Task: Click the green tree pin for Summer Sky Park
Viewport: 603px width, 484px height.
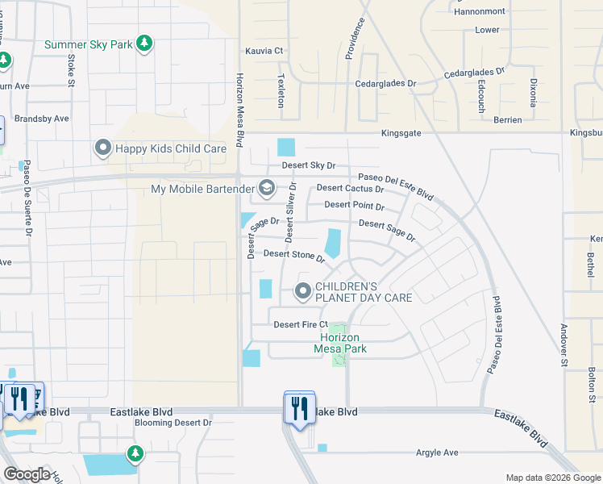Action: click(144, 43)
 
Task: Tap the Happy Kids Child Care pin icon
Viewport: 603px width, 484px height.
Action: click(103, 148)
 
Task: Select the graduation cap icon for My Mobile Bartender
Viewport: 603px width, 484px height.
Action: click(268, 189)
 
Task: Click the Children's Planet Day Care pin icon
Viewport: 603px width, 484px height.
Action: click(303, 291)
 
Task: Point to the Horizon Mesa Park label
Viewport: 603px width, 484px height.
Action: click(343, 343)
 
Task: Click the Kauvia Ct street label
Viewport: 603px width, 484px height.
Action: click(264, 51)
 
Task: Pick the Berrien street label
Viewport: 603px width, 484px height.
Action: click(505, 119)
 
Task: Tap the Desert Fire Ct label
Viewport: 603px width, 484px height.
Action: click(301, 324)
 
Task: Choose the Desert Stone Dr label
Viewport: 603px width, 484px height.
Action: click(293, 255)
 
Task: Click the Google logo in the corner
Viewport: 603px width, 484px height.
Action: click(27, 474)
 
